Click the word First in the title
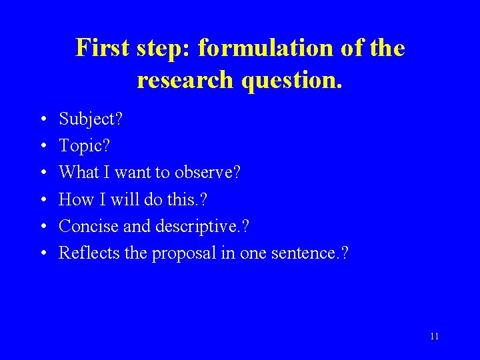click(101, 48)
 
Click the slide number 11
click(434, 336)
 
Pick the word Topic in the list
click(79, 146)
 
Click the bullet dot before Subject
click(42, 120)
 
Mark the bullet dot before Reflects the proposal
click(42, 253)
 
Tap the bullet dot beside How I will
click(42, 200)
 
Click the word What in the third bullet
click(79, 173)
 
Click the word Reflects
click(88, 253)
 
